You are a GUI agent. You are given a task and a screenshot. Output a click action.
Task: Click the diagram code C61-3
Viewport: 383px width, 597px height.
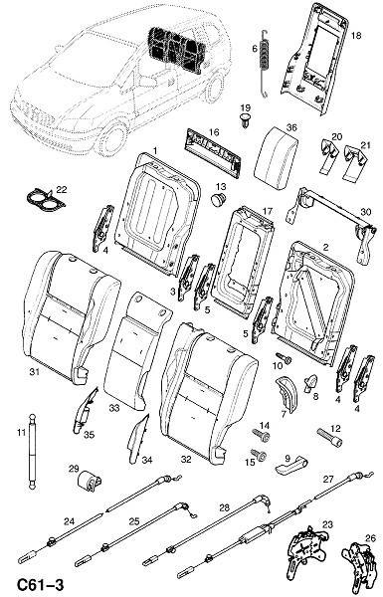pos(35,584)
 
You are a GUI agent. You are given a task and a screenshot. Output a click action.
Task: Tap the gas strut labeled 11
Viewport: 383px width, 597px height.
pos(32,452)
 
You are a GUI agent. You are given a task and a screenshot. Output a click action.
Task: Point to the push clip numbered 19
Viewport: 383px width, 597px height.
pos(245,119)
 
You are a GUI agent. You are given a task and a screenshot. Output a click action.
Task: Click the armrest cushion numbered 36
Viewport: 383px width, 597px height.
pos(276,158)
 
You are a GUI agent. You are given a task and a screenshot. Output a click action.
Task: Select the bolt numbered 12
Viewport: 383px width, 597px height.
pos(329,437)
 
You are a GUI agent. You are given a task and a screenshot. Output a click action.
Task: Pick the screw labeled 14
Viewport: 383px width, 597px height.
pos(262,435)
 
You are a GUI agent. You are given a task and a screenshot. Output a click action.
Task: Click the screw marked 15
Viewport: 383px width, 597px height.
pos(259,455)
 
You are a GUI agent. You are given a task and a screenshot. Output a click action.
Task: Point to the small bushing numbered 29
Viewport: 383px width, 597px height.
pos(90,482)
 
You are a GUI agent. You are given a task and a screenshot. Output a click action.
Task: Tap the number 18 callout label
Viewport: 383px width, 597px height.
pos(355,36)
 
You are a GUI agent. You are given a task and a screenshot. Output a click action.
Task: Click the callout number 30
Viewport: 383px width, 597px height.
pos(365,213)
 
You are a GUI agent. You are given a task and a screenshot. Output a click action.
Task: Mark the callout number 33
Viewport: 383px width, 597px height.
pos(114,408)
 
